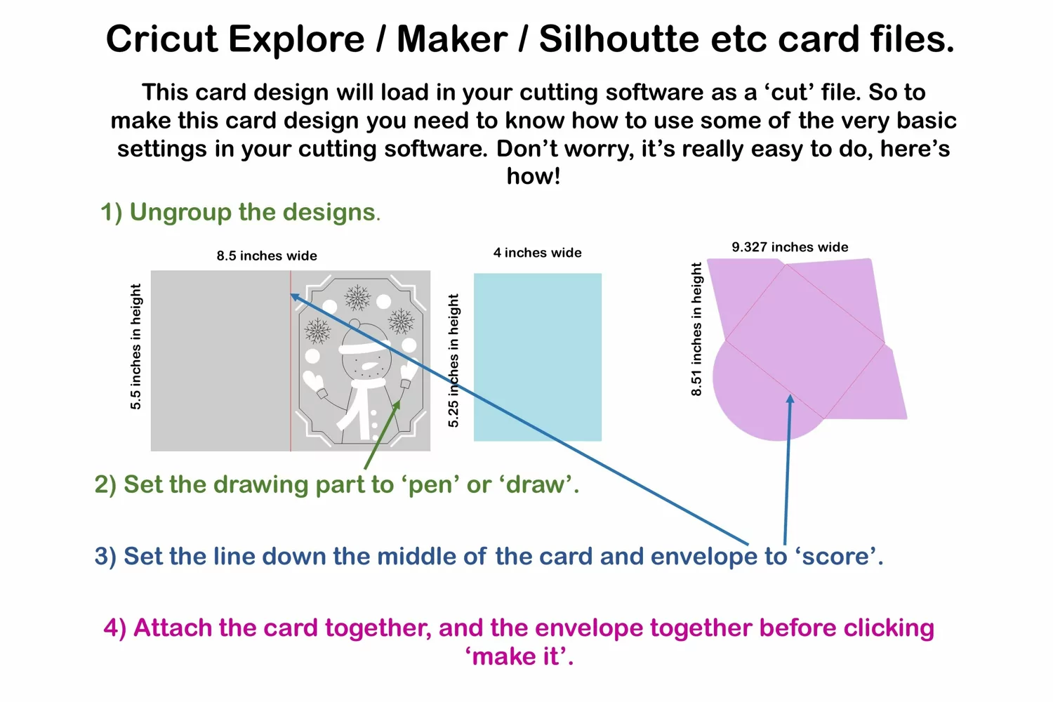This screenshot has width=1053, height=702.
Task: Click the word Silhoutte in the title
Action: pos(619,39)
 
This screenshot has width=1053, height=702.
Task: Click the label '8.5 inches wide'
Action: pos(267,256)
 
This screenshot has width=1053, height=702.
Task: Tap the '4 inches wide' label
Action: pos(537,253)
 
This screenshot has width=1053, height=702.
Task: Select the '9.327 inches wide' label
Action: pos(790,247)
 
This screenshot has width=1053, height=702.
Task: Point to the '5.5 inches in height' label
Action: pos(135,347)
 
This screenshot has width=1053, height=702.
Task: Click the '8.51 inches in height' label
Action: pos(696,329)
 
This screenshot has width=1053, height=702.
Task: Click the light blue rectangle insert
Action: pos(537,357)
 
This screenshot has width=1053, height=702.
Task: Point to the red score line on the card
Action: pos(291,361)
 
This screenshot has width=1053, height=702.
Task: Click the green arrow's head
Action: pos(397,405)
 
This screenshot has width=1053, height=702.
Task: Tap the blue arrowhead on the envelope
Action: pos(790,399)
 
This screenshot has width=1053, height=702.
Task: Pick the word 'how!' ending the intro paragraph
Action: pos(534,176)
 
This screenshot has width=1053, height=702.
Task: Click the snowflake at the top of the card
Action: pos(357,298)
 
